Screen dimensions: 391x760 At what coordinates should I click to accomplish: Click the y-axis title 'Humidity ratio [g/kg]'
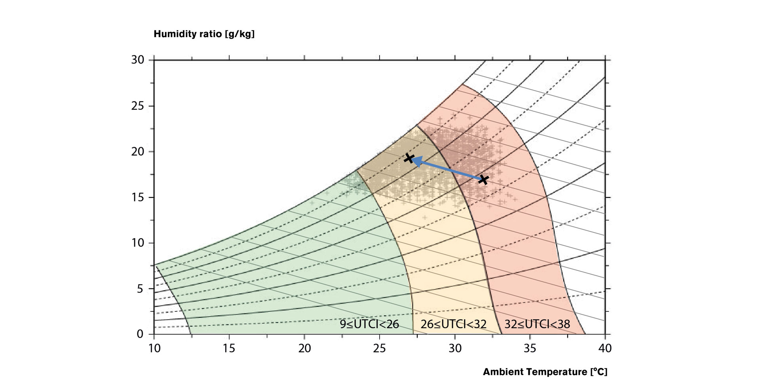click(204, 34)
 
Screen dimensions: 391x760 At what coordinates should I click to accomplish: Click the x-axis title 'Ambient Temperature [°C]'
click(545, 372)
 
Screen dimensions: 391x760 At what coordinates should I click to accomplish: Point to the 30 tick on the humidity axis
click(137, 60)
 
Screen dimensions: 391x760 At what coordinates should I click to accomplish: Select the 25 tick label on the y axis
click(137, 106)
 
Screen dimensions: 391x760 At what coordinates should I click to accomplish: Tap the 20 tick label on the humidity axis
click(137, 152)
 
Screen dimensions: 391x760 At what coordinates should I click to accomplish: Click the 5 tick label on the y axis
click(140, 289)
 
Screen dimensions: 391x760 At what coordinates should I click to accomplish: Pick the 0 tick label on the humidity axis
click(140, 334)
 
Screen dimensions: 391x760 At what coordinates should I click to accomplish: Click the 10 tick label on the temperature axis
click(154, 348)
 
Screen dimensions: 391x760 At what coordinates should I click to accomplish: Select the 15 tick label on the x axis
click(229, 348)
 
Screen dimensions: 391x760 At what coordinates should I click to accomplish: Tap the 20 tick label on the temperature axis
click(304, 348)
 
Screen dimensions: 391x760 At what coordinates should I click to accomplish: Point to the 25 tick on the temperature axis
click(380, 348)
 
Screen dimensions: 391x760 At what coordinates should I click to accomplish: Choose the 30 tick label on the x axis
click(455, 348)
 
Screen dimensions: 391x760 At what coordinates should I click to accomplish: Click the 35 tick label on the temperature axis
click(530, 348)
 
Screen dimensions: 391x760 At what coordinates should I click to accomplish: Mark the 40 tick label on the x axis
click(605, 348)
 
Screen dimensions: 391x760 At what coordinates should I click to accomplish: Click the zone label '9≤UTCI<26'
click(369, 325)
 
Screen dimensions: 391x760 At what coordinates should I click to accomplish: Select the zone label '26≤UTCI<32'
click(453, 325)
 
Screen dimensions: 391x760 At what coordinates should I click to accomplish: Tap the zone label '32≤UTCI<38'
click(537, 325)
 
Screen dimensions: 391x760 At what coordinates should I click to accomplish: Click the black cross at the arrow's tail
click(483, 180)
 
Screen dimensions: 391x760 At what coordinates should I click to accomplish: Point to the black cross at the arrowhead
click(409, 158)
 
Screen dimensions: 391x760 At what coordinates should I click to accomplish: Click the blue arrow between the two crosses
click(447, 169)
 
